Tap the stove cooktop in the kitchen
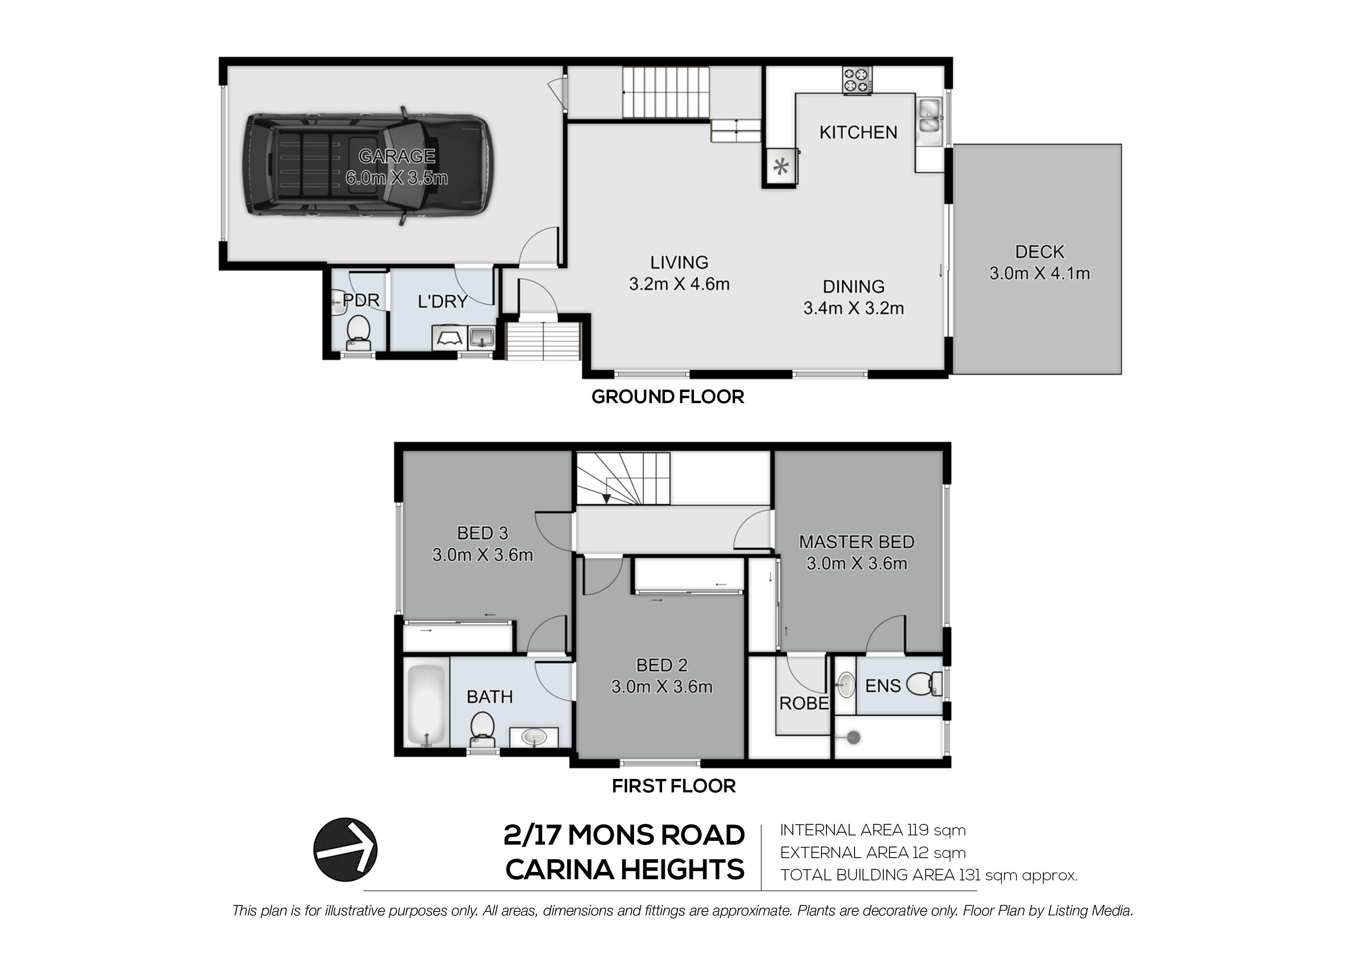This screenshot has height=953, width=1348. [857, 80]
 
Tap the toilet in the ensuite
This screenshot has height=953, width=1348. [923, 684]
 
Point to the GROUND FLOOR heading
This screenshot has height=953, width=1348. [667, 397]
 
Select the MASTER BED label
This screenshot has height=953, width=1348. [857, 541]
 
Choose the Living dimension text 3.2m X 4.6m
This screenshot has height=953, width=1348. [679, 284]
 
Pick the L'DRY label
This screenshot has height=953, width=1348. [443, 301]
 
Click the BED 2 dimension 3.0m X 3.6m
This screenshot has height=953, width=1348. [662, 686]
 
